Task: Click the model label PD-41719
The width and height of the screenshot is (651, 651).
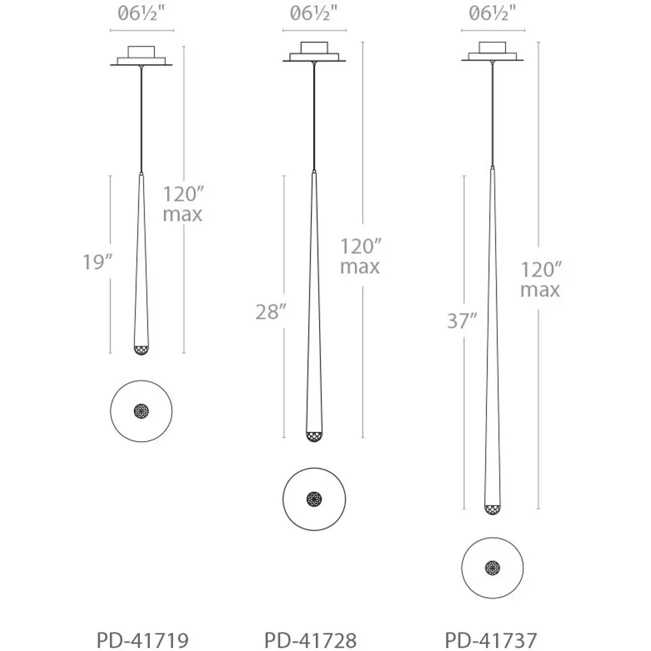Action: [x=142, y=640]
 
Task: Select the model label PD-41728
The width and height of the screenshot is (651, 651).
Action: [x=310, y=640]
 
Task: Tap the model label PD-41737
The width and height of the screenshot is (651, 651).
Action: [x=491, y=640]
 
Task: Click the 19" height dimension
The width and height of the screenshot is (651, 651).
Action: [x=97, y=262]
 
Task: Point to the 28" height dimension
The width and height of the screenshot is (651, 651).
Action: [x=271, y=312]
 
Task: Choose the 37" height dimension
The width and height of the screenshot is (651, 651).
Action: [x=462, y=320]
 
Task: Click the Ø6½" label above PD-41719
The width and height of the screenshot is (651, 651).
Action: [x=142, y=14]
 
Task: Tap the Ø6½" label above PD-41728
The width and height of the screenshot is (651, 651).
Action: [x=313, y=14]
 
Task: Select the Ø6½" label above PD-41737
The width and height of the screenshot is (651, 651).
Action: [x=492, y=14]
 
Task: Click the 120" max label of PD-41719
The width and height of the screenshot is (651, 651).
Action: [x=183, y=204]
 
